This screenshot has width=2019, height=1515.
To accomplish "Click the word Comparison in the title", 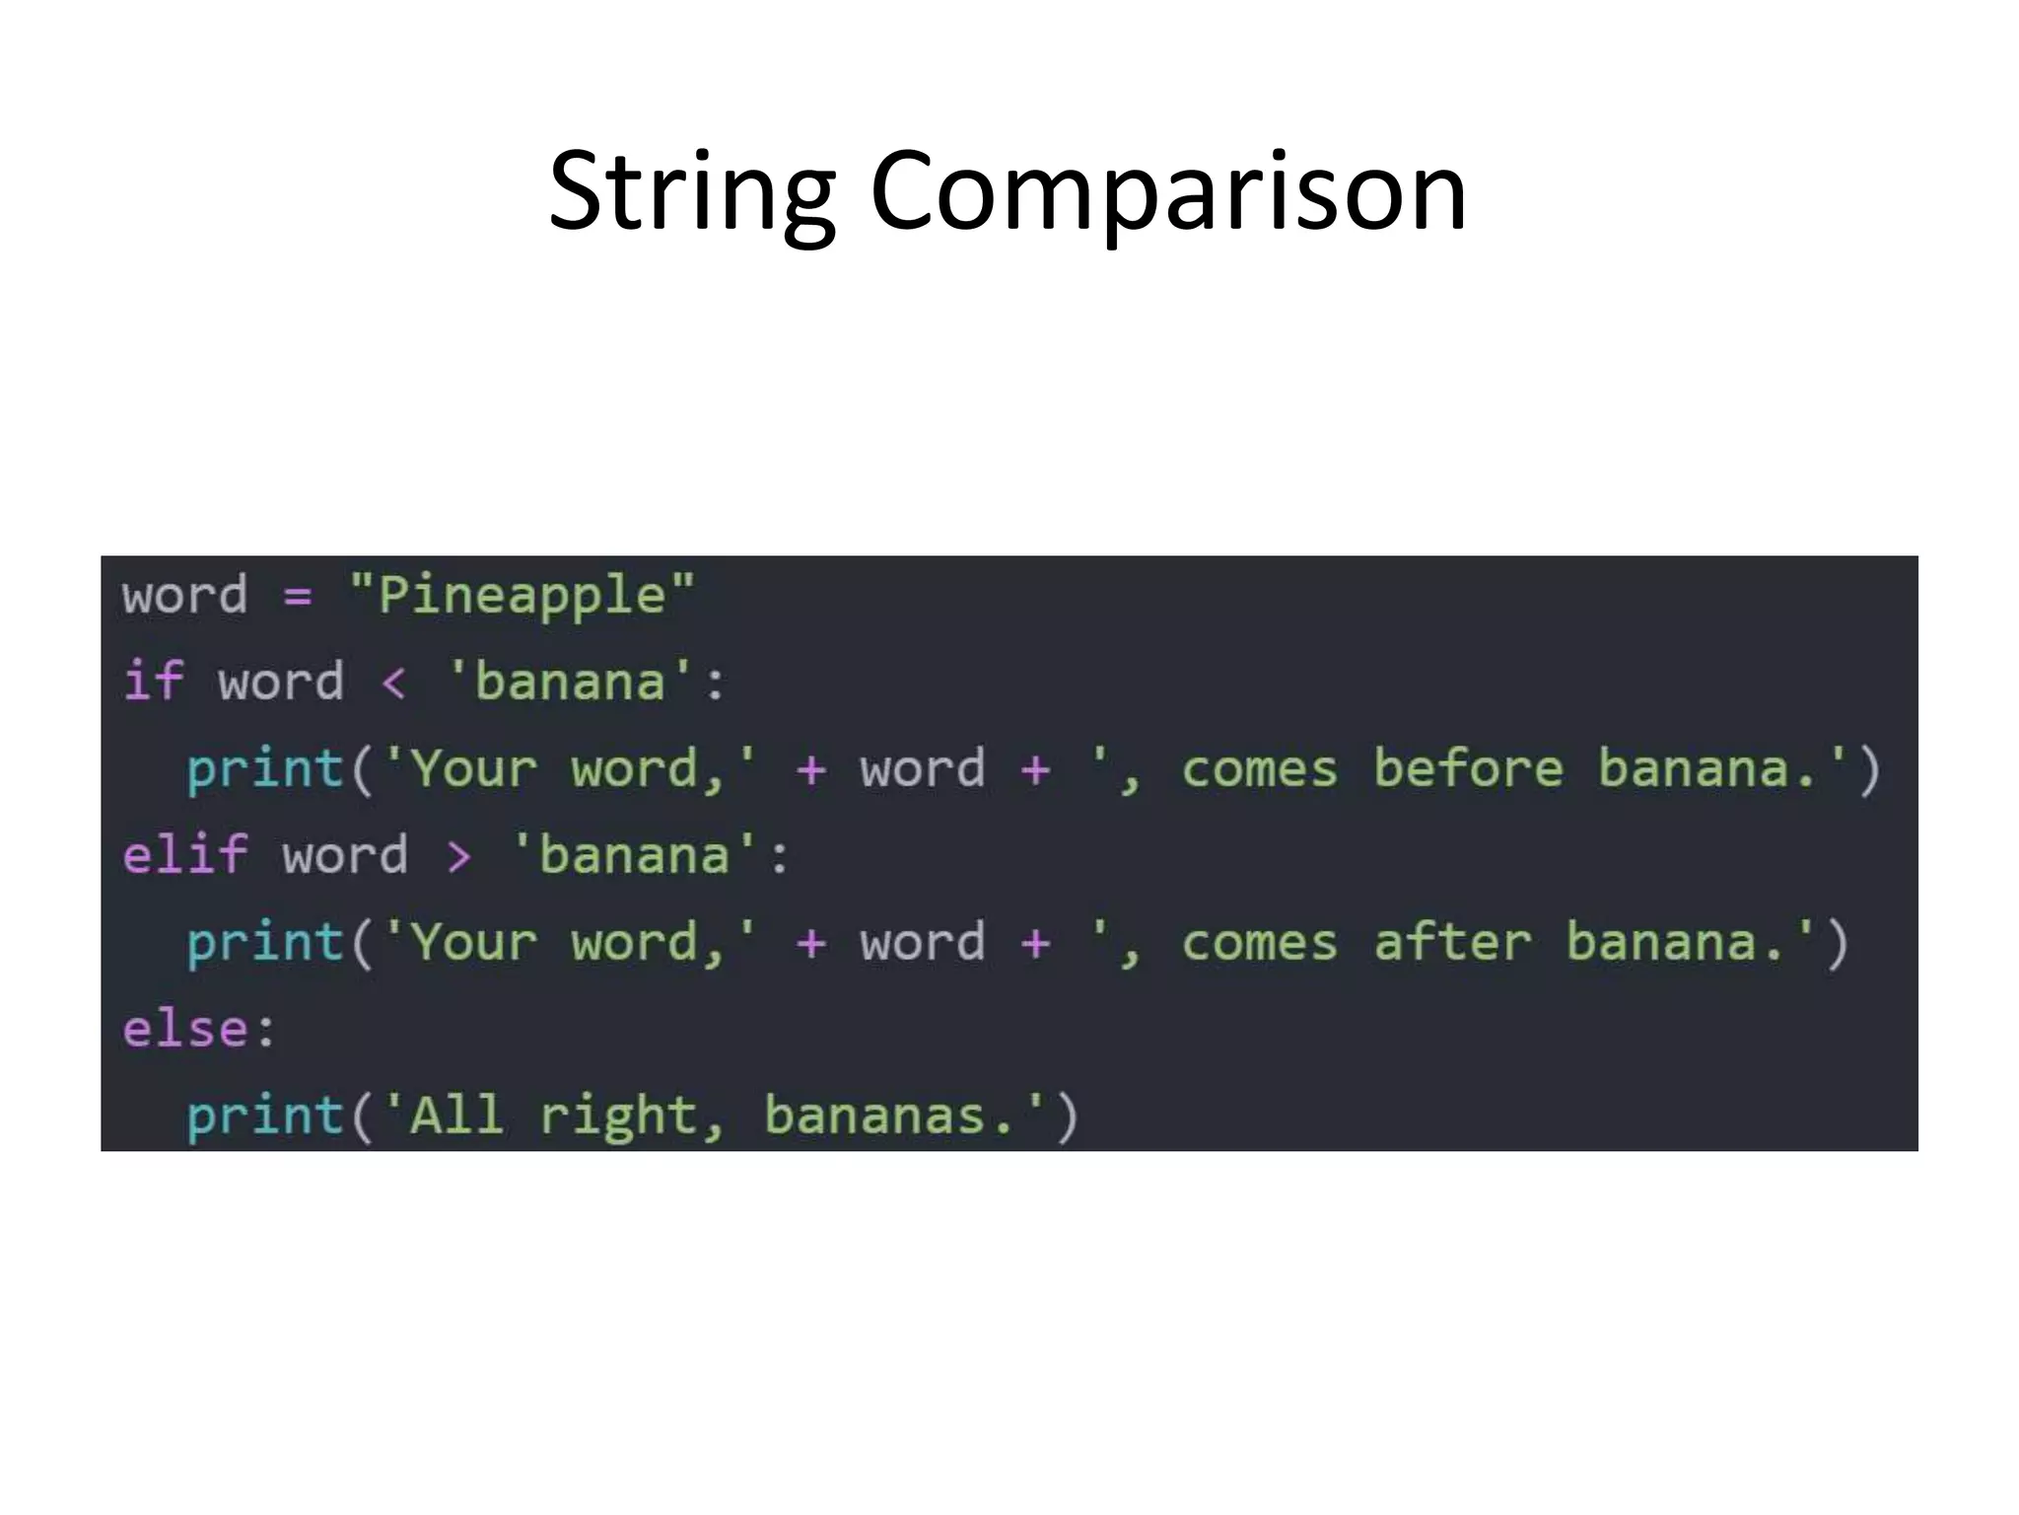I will (1168, 191).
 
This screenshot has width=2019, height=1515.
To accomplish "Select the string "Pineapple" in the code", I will (522, 596).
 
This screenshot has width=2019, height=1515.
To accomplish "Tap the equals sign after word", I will (298, 596).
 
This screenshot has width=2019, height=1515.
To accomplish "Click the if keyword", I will (153, 682).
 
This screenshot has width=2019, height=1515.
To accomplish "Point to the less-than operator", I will (393, 683).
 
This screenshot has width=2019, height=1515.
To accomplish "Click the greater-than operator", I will (458, 855).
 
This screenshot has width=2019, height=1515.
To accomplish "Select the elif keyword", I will (184, 854).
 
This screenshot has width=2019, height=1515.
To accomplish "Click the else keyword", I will (184, 1029).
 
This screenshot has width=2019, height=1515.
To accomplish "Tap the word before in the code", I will (1468, 768).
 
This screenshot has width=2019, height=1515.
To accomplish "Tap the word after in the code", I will (1452, 942).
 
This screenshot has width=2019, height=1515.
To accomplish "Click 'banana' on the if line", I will (570, 682).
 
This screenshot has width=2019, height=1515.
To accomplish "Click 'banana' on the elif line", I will (635, 855).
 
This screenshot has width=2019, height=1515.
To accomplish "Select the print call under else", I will (264, 1116).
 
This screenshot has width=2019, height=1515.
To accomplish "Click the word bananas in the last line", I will (875, 1116).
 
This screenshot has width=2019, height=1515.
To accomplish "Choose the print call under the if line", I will (264, 768).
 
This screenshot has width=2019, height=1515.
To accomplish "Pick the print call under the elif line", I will (264, 942).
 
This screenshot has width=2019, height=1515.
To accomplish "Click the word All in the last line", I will (456, 1116).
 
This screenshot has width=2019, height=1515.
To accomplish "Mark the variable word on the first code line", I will (184, 596).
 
